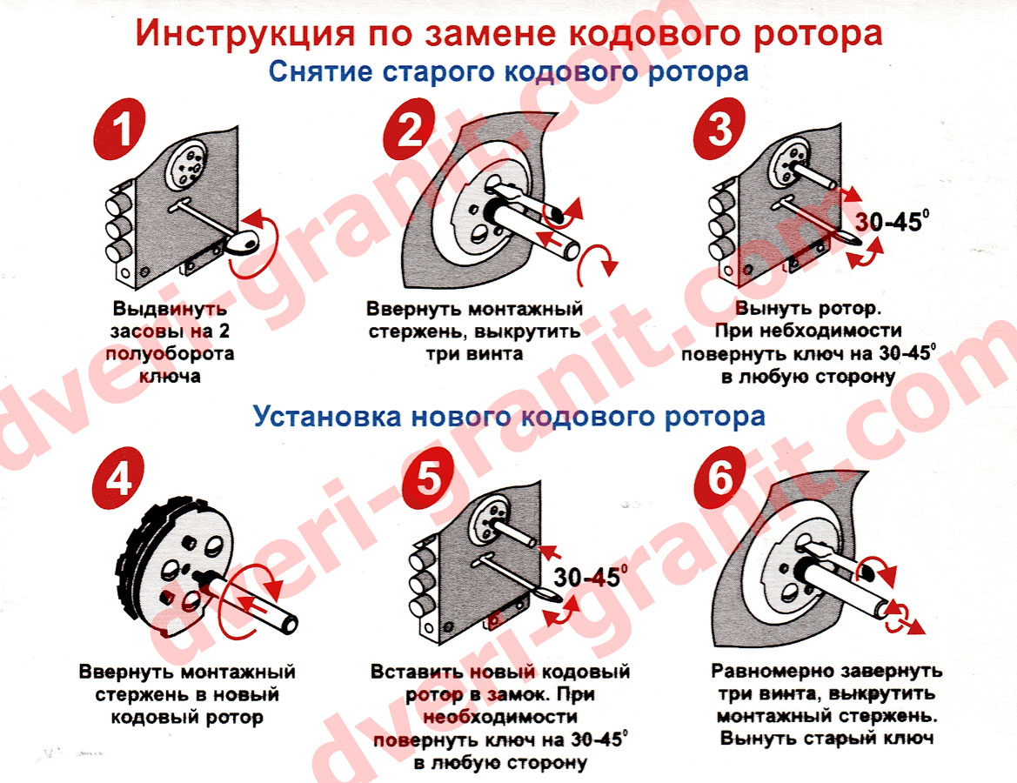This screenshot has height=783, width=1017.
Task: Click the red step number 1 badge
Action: point(120,129)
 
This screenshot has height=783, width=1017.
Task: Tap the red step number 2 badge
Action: point(409,129)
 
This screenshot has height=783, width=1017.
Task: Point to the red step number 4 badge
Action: point(118,478)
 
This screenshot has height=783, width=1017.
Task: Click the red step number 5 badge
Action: point(428,478)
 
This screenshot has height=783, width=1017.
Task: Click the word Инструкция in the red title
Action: point(246,34)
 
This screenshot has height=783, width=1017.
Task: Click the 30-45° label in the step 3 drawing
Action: point(889,221)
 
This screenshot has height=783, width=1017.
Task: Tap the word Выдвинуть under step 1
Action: point(170,308)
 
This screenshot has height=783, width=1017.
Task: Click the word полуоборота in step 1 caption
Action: point(170,354)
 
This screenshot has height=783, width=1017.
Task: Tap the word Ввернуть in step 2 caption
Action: point(414,309)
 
